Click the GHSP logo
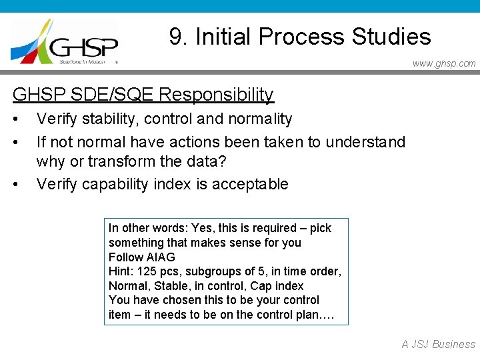(65, 42)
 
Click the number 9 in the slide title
(176, 36)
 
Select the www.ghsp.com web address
(444, 64)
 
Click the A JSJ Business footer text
(438, 344)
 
